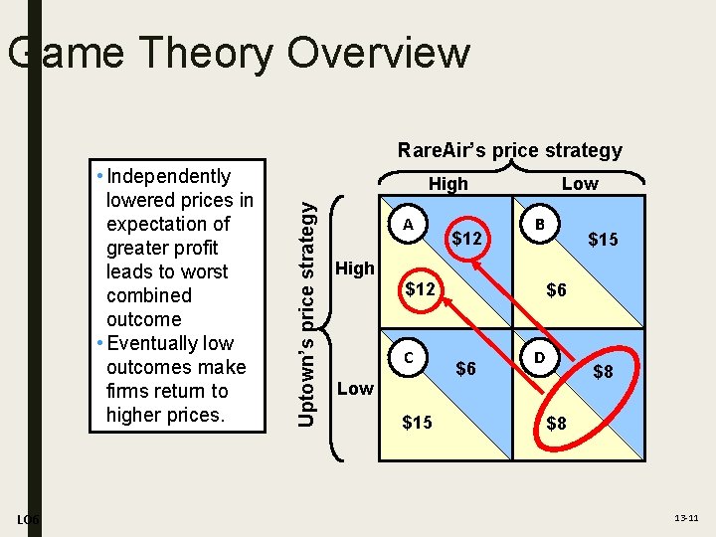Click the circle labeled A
[408, 225]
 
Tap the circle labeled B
[539, 225]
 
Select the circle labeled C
[408, 356]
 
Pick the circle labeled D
[539, 356]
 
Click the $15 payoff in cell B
[603, 239]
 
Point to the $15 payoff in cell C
[417, 423]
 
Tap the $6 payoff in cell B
[557, 289]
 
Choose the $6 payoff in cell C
[465, 369]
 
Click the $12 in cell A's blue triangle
[466, 239]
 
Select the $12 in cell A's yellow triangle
[420, 289]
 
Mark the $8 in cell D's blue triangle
[603, 372]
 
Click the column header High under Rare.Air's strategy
[447, 184]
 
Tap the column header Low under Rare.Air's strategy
[580, 184]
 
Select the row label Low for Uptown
[356, 388]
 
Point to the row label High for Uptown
[356, 268]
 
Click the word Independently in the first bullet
[169, 177]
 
